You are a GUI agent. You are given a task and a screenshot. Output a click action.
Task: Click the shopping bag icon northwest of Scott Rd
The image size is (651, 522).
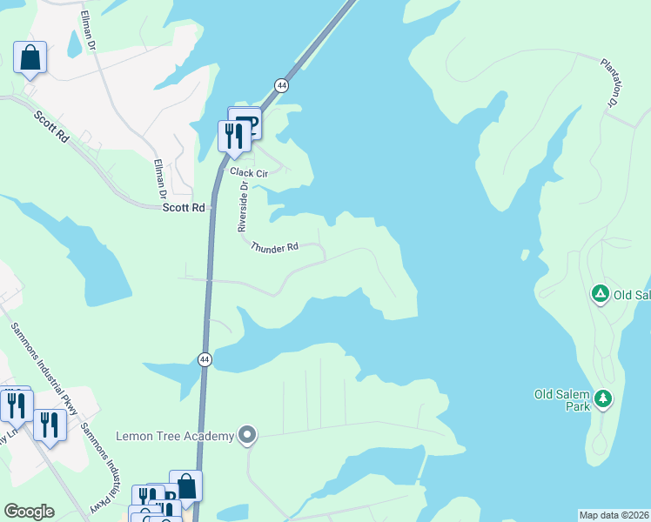[x=30, y=58]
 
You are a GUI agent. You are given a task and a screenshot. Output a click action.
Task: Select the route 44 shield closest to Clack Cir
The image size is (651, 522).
[x=281, y=85]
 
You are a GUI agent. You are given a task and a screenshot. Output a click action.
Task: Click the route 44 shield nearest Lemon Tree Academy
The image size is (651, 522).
[x=204, y=358]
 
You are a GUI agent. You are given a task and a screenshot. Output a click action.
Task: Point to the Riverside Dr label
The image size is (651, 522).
[x=243, y=207]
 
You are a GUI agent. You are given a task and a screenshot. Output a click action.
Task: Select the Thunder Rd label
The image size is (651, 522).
[x=274, y=248]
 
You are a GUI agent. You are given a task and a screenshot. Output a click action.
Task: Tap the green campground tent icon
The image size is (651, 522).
[x=600, y=294]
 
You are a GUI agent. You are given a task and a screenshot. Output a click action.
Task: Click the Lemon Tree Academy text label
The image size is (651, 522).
[x=175, y=436]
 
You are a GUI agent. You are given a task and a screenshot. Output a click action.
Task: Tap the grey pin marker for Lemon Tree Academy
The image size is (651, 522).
[x=248, y=434]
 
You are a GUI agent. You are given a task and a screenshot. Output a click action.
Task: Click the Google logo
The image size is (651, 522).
[x=29, y=512]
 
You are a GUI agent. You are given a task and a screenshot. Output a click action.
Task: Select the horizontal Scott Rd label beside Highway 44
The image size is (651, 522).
[x=184, y=208]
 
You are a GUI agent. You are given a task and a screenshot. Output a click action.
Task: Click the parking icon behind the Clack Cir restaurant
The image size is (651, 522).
[x=247, y=122]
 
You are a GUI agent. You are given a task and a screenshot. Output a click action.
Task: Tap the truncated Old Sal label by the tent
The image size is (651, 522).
[x=632, y=295]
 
